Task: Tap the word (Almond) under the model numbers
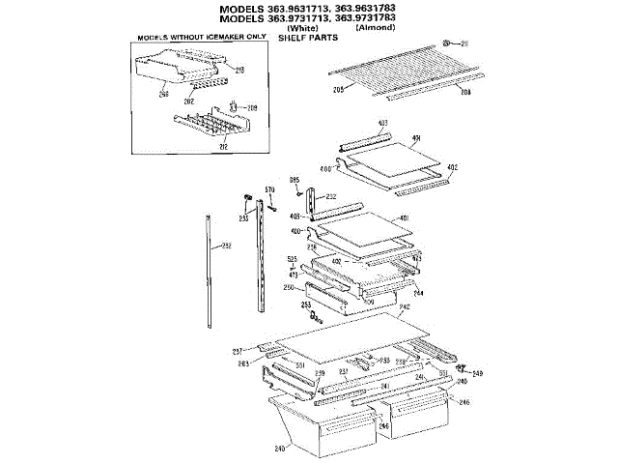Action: (x=376, y=29)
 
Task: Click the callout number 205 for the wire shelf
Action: (x=339, y=90)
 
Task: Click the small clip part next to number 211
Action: (x=447, y=43)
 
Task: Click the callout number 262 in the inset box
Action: (x=190, y=101)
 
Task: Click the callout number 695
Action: (x=295, y=181)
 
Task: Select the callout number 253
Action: (x=306, y=305)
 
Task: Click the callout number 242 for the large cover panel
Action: (x=405, y=307)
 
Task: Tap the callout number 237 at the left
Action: (x=237, y=350)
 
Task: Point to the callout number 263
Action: (x=244, y=363)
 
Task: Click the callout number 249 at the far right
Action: (x=477, y=372)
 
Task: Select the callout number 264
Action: (x=418, y=291)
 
